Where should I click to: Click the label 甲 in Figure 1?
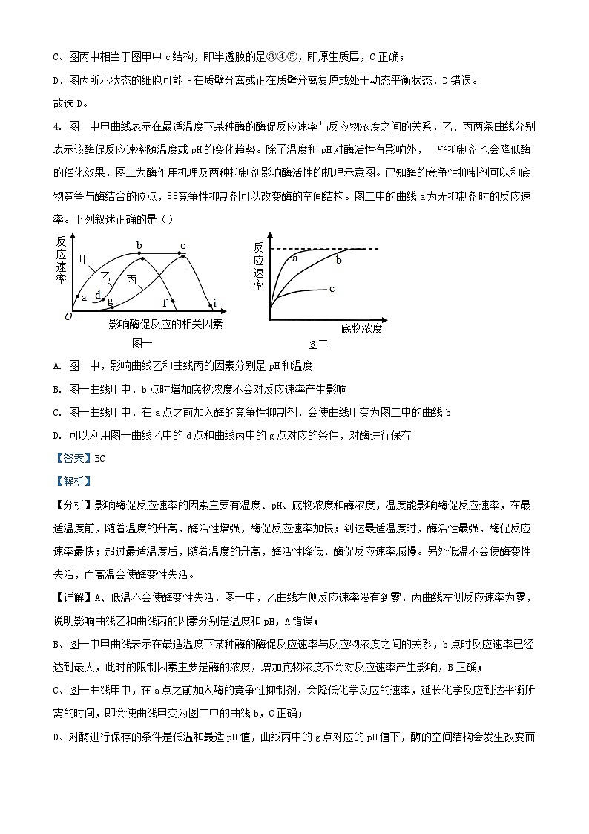coord(85,259)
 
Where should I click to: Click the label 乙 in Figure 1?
coord(106,276)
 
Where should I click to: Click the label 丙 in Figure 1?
coord(132,280)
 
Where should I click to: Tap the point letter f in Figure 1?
coord(165,302)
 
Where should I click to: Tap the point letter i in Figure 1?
coord(214,302)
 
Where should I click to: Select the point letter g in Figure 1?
coord(111,301)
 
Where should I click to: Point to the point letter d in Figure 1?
coord(97,294)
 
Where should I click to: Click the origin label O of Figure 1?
coord(68,316)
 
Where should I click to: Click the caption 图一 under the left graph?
coord(142,342)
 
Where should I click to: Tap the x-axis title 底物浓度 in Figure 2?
coord(361,328)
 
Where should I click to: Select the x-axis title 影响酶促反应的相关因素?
coord(165,325)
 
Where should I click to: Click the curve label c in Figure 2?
coord(332,288)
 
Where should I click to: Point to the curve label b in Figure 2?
coord(339,261)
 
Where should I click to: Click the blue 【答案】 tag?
coord(73,458)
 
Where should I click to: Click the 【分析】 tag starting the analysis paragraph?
coord(73,505)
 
